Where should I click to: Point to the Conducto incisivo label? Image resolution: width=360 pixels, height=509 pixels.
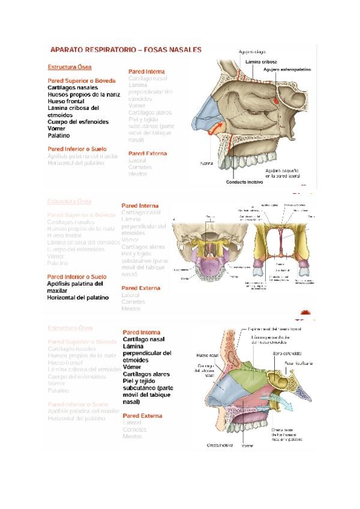click(x=244, y=182)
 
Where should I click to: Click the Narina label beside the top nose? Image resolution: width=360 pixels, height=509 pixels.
click(x=206, y=163)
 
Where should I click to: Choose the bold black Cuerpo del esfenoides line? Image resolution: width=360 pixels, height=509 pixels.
click(x=78, y=122)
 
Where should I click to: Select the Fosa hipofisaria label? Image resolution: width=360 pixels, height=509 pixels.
click(x=298, y=363)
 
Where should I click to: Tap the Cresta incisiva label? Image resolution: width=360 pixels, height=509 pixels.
click(x=220, y=445)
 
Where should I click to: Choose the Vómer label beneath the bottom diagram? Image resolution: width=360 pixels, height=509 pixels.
click(x=247, y=446)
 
